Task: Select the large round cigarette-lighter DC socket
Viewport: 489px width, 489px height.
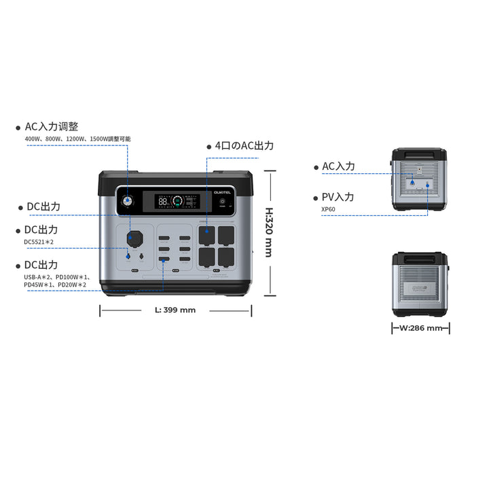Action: point(132,238)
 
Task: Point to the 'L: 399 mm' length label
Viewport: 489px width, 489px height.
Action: point(175,310)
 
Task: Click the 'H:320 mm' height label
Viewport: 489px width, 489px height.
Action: point(268,232)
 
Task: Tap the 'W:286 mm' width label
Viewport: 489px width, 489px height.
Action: point(421,328)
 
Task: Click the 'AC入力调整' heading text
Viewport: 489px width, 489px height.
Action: point(52,127)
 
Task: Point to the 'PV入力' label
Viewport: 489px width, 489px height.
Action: point(338,197)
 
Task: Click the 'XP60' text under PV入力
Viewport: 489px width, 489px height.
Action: point(329,209)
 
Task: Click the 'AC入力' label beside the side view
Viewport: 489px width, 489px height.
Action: point(338,166)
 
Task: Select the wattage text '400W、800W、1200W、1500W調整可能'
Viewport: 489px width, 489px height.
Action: point(77,139)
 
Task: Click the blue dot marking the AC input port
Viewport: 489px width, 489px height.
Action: point(411,181)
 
